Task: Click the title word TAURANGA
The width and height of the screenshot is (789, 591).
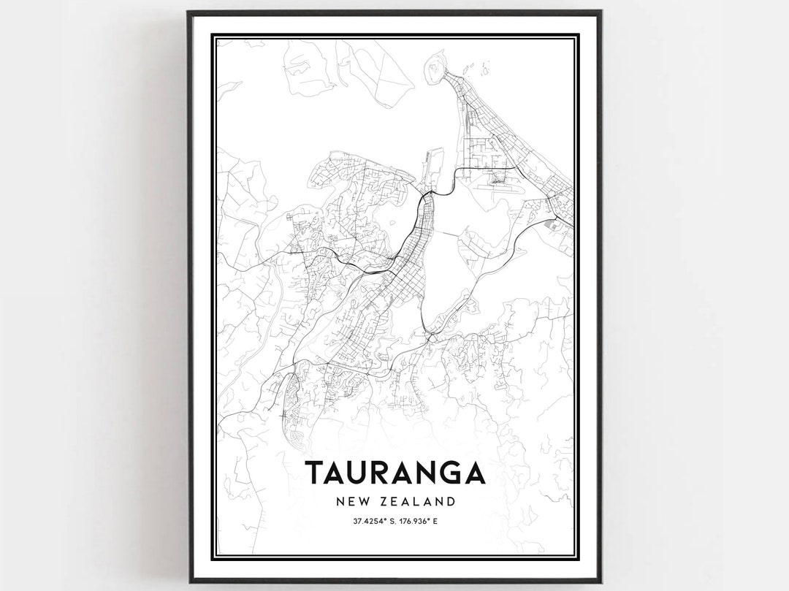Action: click(394, 473)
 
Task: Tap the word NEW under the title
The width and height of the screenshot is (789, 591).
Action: click(351, 502)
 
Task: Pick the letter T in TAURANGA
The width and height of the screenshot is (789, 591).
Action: click(315, 473)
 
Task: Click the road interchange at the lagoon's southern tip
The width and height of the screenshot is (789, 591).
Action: click(431, 338)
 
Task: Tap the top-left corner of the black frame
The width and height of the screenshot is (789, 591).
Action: click(189, 12)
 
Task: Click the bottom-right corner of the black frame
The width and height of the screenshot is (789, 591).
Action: click(600, 581)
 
